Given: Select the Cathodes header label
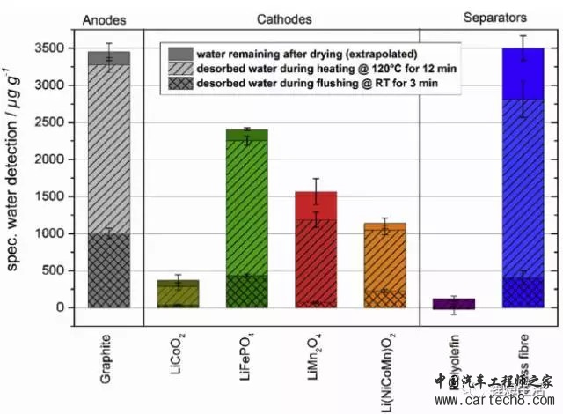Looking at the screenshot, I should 280,18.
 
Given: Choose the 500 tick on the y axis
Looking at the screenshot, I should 55,270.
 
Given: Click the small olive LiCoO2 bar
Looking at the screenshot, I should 177,294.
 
